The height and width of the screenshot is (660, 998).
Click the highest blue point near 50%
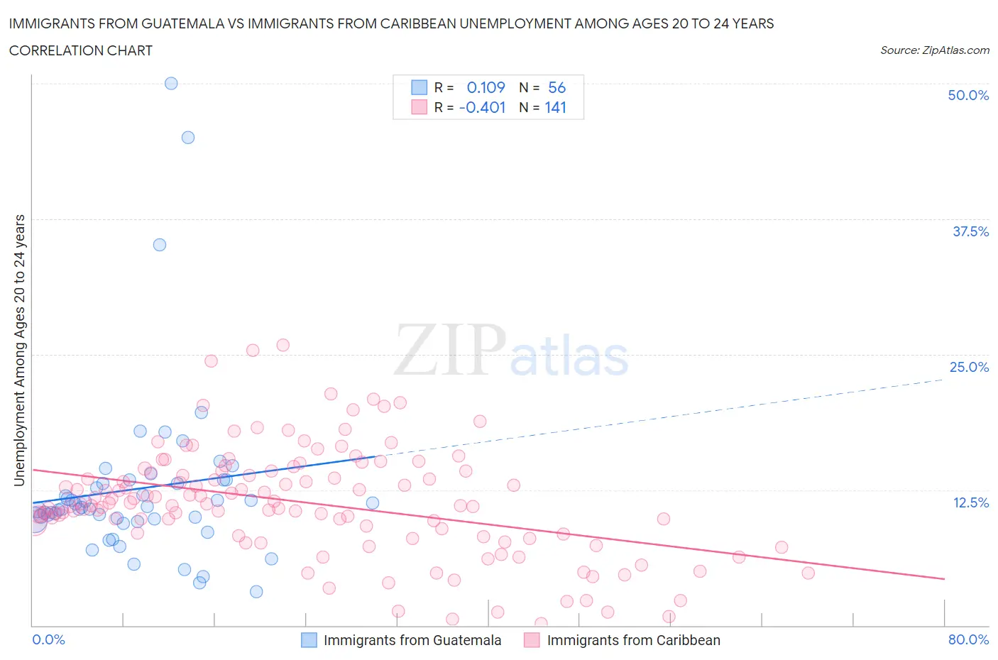click(x=171, y=83)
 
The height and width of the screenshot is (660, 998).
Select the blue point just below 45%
click(x=188, y=138)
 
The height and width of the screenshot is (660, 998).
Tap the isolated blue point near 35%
click(x=160, y=245)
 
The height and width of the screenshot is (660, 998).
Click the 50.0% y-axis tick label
click(x=968, y=95)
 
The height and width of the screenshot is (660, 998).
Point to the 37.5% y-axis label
click(x=970, y=231)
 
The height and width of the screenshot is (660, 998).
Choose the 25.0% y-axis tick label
click(x=969, y=367)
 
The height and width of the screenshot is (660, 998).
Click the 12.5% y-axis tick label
click(x=970, y=502)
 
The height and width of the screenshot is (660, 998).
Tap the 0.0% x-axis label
click(x=48, y=639)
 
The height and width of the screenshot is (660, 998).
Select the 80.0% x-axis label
click(x=968, y=639)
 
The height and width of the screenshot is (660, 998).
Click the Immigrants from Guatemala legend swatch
click(x=309, y=640)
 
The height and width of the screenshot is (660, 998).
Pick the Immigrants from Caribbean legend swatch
click(x=532, y=640)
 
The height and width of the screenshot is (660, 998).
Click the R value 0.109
click(x=486, y=87)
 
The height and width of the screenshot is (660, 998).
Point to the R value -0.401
click(x=482, y=107)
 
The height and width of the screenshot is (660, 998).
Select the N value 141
click(x=556, y=107)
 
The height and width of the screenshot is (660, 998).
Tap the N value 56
click(x=556, y=87)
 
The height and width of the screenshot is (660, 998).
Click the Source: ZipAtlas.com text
click(x=934, y=50)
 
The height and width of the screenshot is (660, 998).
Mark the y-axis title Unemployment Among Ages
click(x=19, y=350)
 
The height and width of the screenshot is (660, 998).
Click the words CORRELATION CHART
click(x=81, y=50)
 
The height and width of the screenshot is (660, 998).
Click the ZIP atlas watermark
click(x=511, y=351)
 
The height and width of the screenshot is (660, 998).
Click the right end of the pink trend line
click(x=944, y=579)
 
